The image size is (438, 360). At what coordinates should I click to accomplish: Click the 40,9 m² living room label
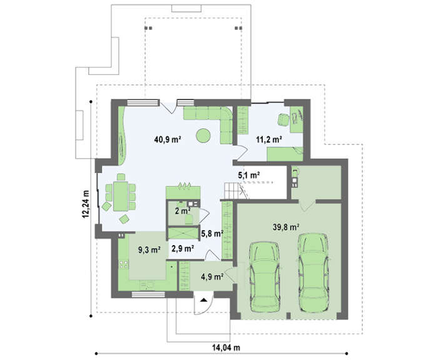168,139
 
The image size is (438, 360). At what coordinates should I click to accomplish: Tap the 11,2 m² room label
269,139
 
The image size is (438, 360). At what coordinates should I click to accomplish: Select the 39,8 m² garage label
287,227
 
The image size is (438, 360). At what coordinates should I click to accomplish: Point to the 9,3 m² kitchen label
150,250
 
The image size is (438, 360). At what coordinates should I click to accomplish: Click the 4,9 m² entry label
212,277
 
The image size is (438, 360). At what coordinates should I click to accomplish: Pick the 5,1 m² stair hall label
249,175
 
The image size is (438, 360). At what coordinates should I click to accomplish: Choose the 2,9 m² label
183,248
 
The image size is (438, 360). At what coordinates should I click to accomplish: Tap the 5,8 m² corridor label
212,234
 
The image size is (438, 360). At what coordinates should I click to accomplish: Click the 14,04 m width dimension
226,347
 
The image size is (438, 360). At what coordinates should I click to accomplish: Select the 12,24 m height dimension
86,204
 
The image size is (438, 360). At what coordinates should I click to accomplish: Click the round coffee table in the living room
203,136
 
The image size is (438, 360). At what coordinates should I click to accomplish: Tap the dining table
120,196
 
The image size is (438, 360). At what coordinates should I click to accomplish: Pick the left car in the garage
264,277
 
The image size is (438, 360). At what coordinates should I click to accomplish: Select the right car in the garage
313,272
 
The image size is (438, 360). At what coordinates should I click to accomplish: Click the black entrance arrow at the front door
203,300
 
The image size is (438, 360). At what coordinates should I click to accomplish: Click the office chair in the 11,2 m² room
283,120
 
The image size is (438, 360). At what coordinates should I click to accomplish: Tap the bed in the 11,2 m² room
285,154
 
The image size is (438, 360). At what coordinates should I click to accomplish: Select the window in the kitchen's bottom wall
148,294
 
